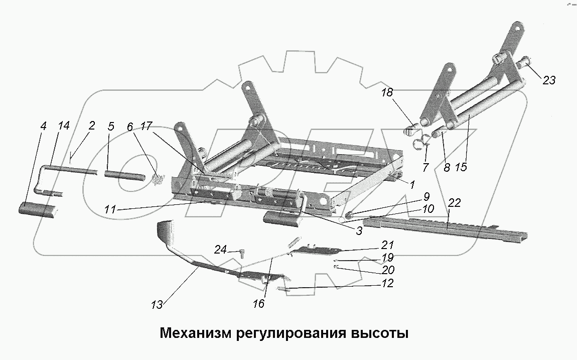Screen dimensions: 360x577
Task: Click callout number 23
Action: point(549,80)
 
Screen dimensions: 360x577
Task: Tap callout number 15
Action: point(461,167)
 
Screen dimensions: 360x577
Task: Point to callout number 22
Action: point(454,202)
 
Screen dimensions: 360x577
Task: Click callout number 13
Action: point(157,305)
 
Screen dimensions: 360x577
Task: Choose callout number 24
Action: point(220,249)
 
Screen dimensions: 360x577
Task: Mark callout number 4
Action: point(43,126)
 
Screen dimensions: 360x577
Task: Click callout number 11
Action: point(111,210)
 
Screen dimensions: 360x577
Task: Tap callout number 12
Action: point(387,284)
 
